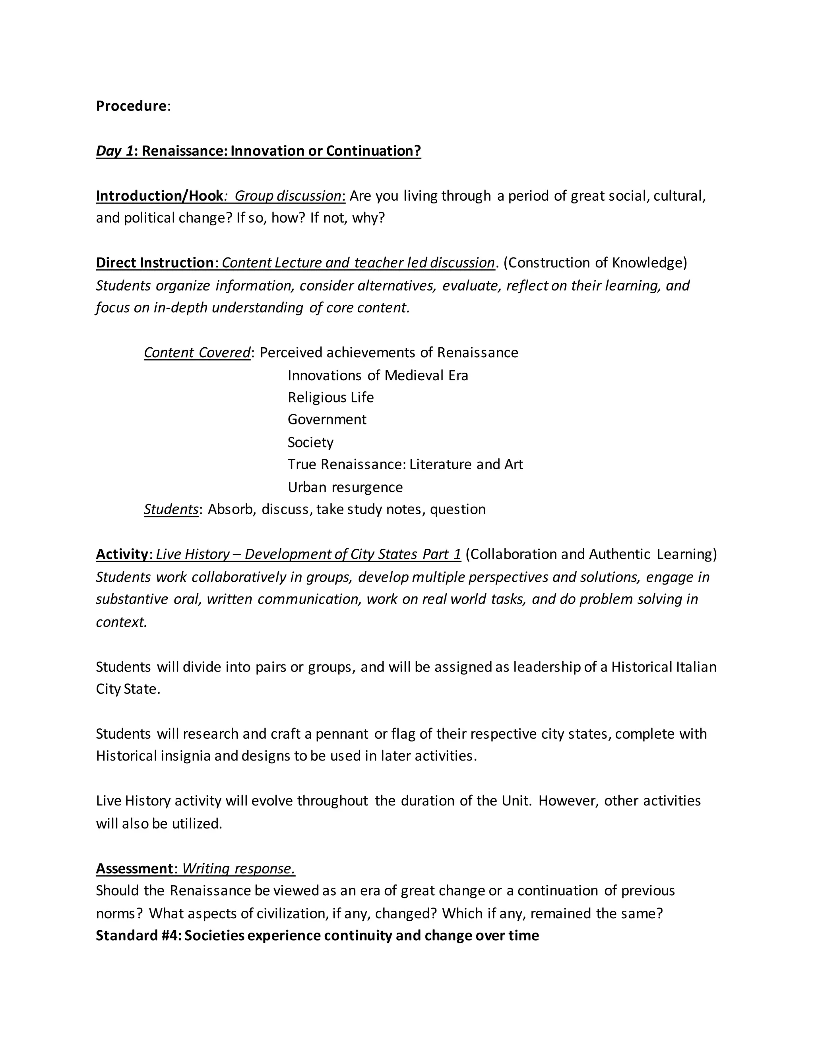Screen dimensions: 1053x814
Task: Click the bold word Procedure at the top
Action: [x=131, y=106]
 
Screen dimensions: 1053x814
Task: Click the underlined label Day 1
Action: [x=114, y=151]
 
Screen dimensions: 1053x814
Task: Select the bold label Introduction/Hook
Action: [x=159, y=196]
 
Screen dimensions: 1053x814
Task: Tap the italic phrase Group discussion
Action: [x=288, y=196]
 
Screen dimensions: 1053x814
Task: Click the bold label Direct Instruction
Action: [x=154, y=263]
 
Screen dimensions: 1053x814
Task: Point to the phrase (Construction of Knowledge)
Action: [x=595, y=263]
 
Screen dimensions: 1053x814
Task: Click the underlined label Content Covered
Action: [x=197, y=352]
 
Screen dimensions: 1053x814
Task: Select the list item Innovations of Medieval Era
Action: [x=378, y=375]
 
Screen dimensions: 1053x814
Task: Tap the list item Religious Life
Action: [x=330, y=397]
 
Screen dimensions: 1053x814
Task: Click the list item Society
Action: [x=310, y=442]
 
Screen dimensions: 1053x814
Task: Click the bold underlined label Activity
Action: [x=122, y=554]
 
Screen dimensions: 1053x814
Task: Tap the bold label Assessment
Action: [x=134, y=868]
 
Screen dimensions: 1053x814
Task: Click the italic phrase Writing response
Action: [x=238, y=868]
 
